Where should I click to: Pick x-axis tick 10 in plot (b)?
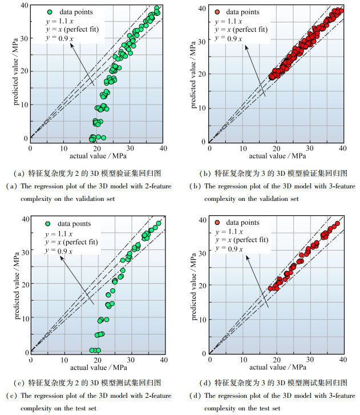point(243,148)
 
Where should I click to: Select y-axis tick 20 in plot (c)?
point(24,285)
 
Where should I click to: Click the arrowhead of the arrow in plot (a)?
point(71,44)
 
